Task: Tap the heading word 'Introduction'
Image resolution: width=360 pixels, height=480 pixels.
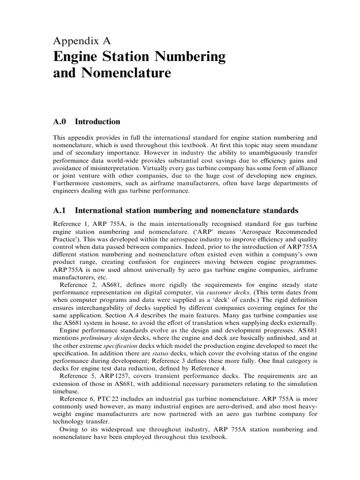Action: pyautogui.click(x=97, y=122)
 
